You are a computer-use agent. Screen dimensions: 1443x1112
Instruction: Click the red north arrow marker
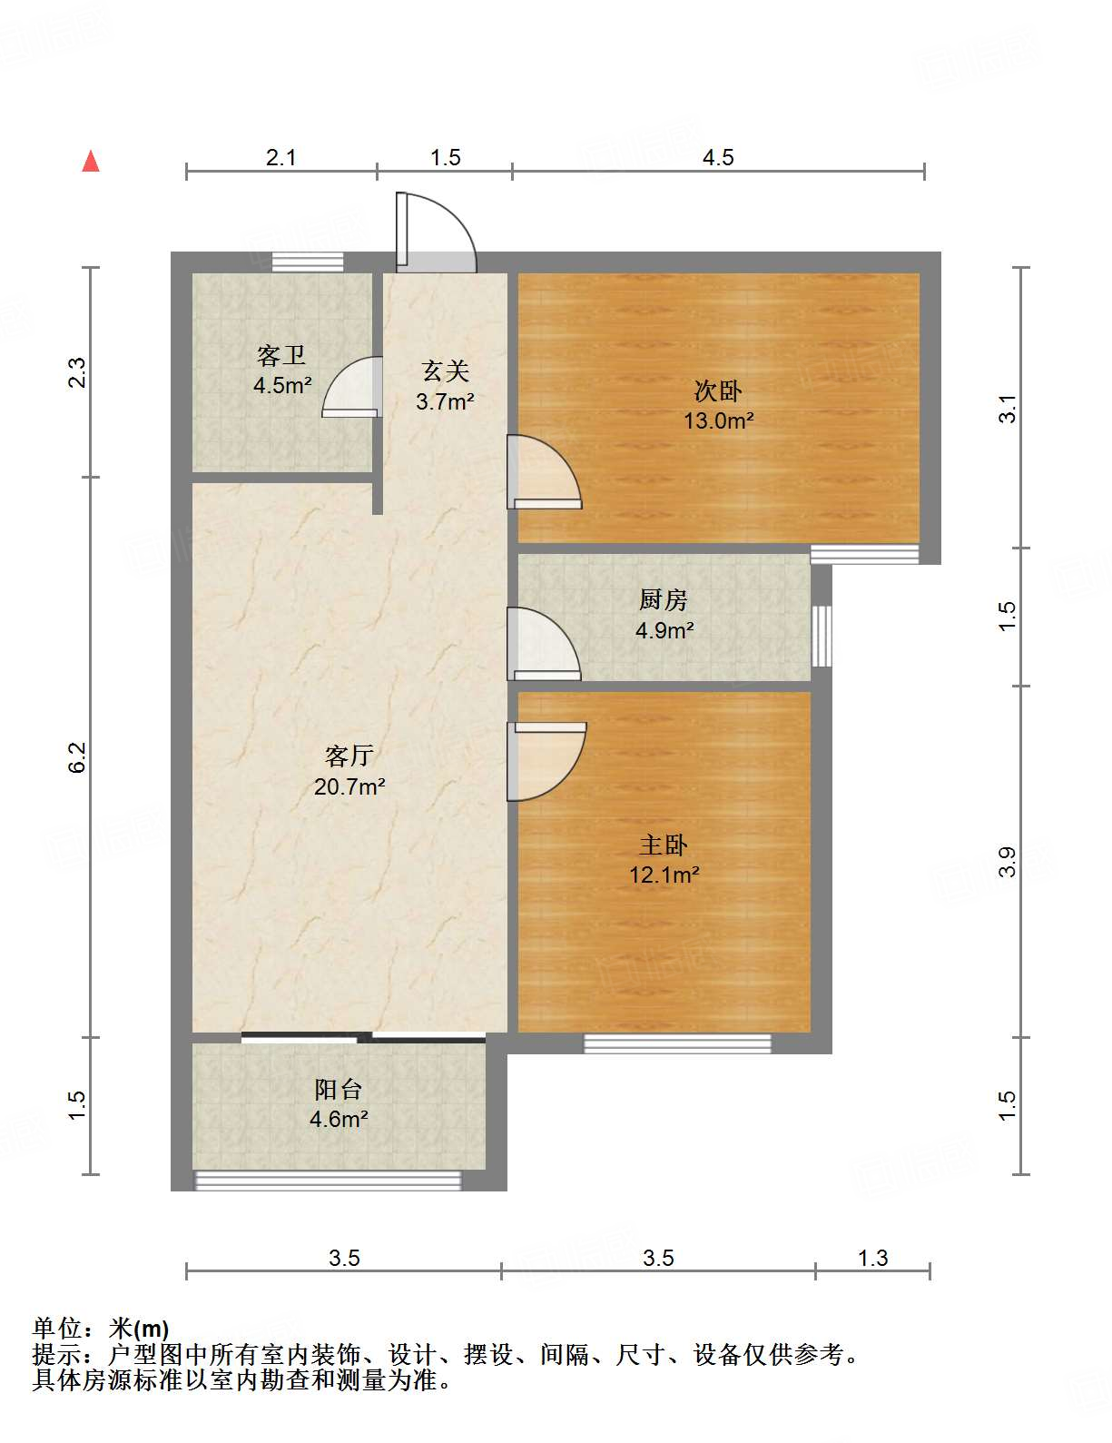91,161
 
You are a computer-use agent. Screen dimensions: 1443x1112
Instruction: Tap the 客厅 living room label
349,770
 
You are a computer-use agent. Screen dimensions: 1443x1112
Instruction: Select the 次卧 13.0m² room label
718,405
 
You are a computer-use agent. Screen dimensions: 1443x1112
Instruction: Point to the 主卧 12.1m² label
664,859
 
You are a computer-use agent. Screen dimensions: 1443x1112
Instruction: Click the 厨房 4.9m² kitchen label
664,614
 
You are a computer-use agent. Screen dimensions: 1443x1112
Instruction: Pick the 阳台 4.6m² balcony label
339,1103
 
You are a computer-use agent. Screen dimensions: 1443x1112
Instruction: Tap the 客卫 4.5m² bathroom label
281,370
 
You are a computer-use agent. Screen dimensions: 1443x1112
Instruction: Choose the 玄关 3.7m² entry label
445,385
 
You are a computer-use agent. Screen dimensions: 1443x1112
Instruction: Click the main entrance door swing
436,232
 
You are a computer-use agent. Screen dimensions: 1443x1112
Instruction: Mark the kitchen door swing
542,644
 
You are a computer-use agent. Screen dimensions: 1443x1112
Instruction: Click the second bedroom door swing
543,472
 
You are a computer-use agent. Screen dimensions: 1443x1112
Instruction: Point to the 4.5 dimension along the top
717,158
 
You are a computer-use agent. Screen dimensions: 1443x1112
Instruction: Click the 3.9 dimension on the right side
1007,861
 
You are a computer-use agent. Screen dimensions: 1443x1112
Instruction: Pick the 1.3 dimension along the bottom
872,1258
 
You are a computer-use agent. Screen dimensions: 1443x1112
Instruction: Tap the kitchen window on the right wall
822,635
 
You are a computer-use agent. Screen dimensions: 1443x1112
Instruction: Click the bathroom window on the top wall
308,262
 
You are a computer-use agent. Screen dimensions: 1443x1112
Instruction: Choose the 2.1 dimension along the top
281,158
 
